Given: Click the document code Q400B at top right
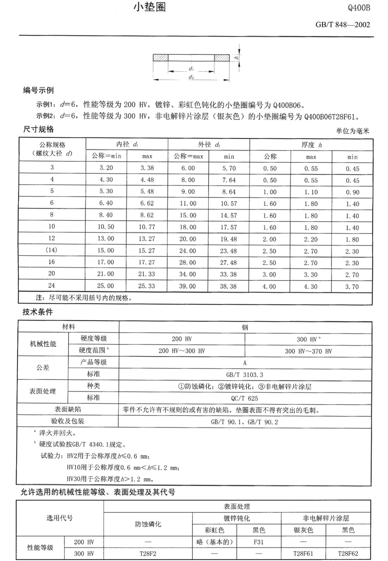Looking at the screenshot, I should click(359, 8).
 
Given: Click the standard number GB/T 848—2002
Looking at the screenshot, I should click(342, 25).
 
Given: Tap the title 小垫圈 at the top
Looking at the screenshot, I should click(149, 7).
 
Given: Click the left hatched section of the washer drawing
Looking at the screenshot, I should click(160, 58).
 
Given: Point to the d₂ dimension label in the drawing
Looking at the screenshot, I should click(191, 77).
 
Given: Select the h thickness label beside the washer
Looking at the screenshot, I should click(237, 58).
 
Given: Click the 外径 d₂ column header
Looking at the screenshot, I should click(209, 144).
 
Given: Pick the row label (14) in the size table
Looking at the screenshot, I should click(51, 250).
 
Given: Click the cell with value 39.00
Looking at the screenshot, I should click(188, 286).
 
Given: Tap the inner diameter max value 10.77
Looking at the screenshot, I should click(147, 227).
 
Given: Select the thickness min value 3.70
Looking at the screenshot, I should click(352, 286).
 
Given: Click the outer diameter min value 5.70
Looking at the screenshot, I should click(229, 168).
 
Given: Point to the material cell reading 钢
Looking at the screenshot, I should click(245, 327).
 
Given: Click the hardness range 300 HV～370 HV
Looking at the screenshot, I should click(308, 351).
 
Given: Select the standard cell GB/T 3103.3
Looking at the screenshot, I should click(245, 375).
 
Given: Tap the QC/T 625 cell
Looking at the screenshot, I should click(245, 398).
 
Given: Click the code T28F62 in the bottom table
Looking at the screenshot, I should click(348, 554).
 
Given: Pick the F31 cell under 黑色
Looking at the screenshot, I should click(259, 542).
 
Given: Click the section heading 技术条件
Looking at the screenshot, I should click(38, 312).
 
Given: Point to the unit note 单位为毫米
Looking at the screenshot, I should click(352, 131).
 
